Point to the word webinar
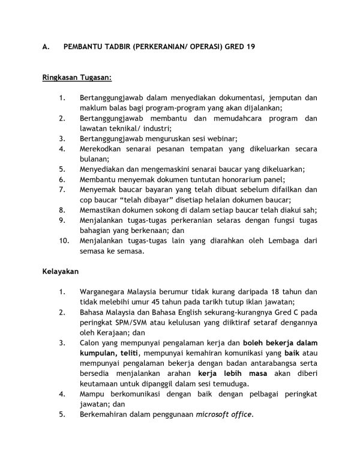(x=212, y=138)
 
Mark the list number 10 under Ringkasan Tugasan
(x=64, y=241)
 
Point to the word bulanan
(x=94, y=159)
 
